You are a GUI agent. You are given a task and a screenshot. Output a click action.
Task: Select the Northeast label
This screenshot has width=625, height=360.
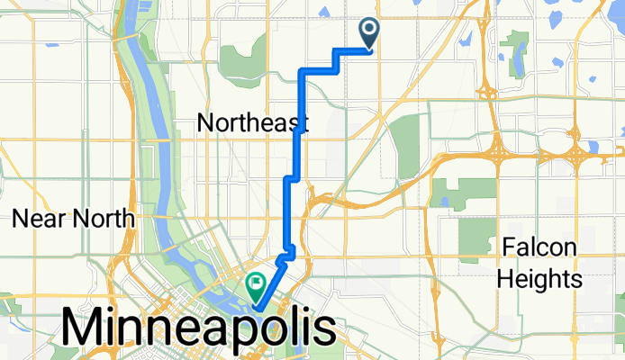pos(253,123)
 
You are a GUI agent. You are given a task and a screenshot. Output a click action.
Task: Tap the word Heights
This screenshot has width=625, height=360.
pos(540,279)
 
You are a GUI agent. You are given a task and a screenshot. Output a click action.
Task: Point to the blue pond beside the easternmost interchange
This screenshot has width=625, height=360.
pos(593,147)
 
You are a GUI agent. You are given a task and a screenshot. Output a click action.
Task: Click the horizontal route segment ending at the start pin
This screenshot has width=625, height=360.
pos(353,50)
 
